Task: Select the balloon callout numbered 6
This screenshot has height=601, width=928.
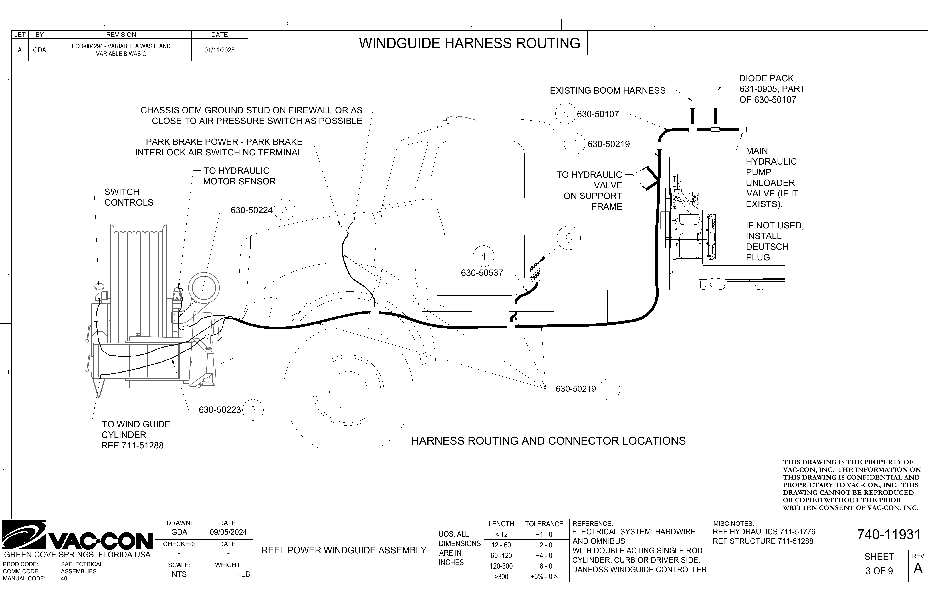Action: (x=568, y=238)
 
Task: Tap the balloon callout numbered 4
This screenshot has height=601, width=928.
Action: (x=483, y=256)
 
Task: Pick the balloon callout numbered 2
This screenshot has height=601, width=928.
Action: (x=253, y=410)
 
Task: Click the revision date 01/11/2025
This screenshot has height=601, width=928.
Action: (x=219, y=50)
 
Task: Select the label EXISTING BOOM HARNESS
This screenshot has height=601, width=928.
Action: (x=608, y=90)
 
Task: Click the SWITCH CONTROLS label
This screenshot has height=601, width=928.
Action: (x=129, y=197)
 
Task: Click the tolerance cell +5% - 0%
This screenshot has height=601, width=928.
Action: (x=544, y=576)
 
